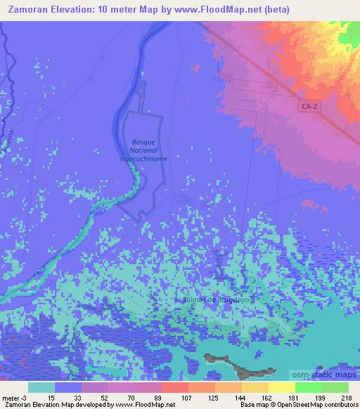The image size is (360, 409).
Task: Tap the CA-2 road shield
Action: [x=307, y=106]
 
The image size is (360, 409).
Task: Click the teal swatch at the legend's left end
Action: [x=41, y=387]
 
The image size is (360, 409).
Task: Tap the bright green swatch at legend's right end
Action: [x=335, y=387]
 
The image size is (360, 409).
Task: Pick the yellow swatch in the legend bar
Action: [x=281, y=387]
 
